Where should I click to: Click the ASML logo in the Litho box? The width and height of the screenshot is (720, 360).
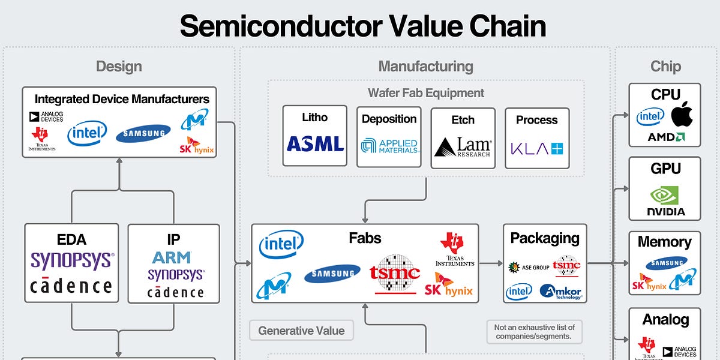(315, 144)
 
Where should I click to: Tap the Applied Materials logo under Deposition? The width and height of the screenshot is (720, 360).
(389, 145)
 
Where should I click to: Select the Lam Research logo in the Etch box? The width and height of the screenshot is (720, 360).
(463, 146)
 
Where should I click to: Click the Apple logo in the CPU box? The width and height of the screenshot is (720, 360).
(682, 114)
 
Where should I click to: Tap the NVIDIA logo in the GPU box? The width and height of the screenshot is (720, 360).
(665, 200)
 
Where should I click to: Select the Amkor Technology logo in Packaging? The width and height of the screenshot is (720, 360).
(560, 292)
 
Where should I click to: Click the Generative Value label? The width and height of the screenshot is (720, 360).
(301, 331)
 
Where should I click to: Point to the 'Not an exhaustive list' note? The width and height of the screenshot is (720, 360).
(535, 331)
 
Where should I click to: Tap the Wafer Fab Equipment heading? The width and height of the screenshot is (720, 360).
(426, 93)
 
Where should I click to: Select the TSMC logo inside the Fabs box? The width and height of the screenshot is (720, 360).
(395, 273)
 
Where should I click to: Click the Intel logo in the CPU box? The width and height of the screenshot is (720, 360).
(650, 116)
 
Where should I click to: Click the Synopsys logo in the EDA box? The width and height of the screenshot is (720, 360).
(71, 260)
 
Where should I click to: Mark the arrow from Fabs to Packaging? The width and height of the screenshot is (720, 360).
(491, 263)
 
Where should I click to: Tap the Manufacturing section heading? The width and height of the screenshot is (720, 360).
(425, 66)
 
